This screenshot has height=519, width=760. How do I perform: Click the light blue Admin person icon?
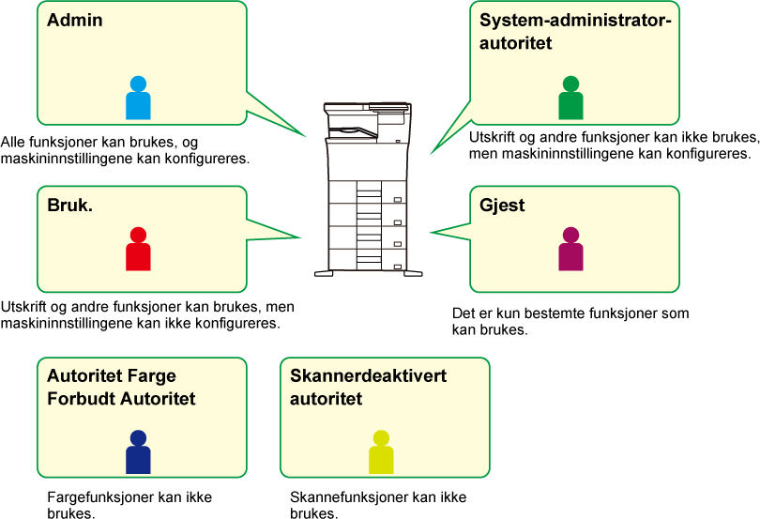[x=138, y=98]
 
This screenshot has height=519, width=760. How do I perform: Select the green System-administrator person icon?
[x=571, y=98]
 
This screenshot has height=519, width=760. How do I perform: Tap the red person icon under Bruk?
[x=138, y=249]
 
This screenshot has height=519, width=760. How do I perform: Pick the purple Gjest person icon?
[x=571, y=249]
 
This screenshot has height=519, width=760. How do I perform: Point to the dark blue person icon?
[x=138, y=452]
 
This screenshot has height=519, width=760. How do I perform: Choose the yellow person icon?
[x=381, y=452]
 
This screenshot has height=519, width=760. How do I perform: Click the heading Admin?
[x=75, y=20]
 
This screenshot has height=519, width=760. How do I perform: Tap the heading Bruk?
[x=69, y=206]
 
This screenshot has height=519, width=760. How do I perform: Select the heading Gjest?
[x=502, y=206]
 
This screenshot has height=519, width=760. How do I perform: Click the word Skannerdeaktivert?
[x=369, y=376]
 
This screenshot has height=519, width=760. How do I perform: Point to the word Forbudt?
[x=82, y=399]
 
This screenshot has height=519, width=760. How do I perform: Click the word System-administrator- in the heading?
[x=576, y=20]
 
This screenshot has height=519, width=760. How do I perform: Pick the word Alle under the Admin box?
[x=13, y=142]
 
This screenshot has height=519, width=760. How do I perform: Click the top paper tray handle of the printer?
[x=398, y=200]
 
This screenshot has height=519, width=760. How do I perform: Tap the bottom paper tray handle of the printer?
[x=398, y=267]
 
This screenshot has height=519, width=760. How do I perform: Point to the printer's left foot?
[x=324, y=273]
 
